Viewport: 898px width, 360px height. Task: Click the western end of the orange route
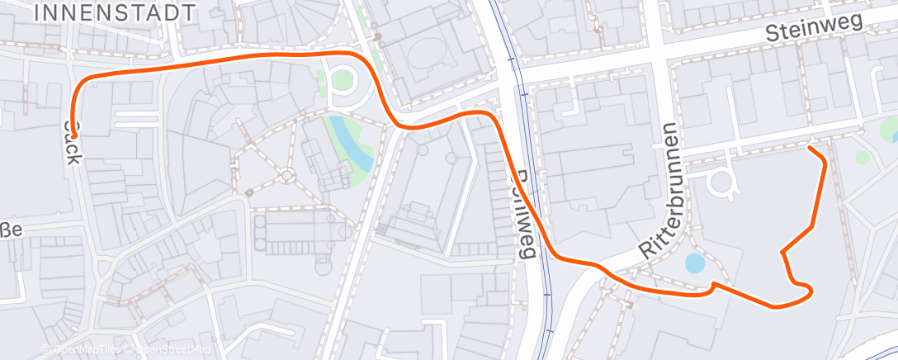[x=73, y=135]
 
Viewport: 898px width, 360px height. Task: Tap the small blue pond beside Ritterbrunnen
[x=695, y=263]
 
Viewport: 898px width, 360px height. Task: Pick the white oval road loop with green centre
[x=342, y=80]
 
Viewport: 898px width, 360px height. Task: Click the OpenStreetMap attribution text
[x=172, y=350]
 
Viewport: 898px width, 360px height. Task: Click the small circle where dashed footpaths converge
[x=287, y=175]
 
